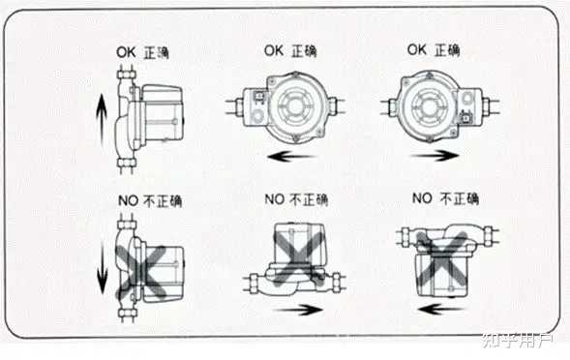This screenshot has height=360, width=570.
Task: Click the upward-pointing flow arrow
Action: pos(102,119)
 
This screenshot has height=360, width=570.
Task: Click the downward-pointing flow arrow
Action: pos(103,269)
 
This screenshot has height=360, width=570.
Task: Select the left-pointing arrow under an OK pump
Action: pos(291,157)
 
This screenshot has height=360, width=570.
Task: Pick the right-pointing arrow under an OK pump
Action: pos(435,156)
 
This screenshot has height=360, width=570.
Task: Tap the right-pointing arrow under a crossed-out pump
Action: pos(298,311)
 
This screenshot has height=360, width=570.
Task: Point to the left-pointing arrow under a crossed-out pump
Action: pos(441,310)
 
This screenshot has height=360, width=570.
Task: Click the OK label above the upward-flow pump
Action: pos(142,52)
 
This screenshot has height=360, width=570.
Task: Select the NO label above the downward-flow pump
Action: pos(150,200)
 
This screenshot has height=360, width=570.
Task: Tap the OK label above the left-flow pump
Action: pos(290,51)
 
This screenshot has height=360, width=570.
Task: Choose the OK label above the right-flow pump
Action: pos(434,49)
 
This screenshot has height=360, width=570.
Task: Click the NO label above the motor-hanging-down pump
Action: pos(446,198)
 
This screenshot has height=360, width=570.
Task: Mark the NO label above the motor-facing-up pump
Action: pos(296,199)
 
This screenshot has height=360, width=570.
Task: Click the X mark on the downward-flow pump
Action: pos(141,271)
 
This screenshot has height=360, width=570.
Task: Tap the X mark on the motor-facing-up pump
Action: pos(297,255)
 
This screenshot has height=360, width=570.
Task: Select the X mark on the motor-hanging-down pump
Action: pos(442,259)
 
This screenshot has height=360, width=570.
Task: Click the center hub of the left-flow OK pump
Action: pos(295,105)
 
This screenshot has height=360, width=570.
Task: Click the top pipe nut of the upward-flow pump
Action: pos(127,75)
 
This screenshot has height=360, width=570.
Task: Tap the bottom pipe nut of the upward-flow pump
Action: pos(127,163)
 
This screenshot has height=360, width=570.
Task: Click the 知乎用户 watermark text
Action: pos(518,340)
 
